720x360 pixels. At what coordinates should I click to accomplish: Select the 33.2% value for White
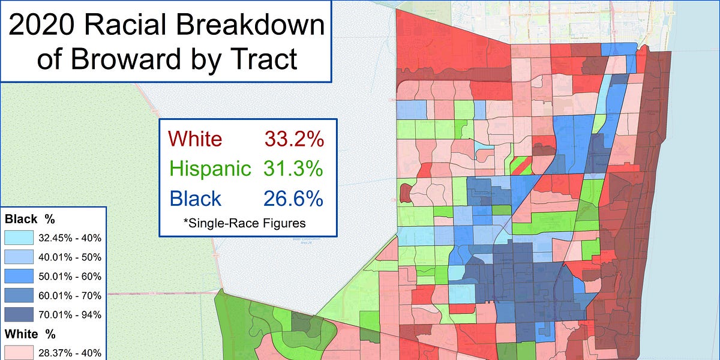pyautogui.click(x=293, y=139)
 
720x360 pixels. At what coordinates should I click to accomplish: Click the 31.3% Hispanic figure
pyautogui.click(x=293, y=169)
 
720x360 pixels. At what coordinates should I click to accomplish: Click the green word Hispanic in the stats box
pyautogui.click(x=211, y=169)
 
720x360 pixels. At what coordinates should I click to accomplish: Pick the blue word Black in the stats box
pyautogui.click(x=196, y=198)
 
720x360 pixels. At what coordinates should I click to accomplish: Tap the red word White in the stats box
pyautogui.click(x=196, y=139)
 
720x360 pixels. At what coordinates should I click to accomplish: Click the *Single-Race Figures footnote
pyautogui.click(x=244, y=223)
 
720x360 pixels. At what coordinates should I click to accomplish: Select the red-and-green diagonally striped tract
pyautogui.click(x=521, y=166)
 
